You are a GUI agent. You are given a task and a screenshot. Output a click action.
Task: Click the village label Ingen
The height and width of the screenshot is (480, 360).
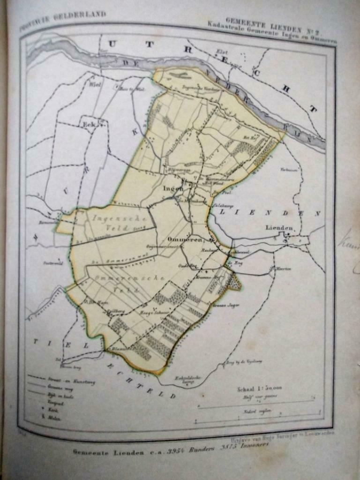pyautogui.click(x=173, y=188)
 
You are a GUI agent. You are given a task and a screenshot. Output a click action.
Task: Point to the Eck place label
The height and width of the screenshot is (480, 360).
pyautogui.click(x=89, y=125)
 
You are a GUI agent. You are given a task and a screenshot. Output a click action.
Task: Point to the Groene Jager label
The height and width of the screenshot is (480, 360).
pyautogui.click(x=228, y=305)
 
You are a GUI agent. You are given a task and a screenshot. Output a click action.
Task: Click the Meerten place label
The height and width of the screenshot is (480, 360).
pyautogui.click(x=281, y=269)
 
